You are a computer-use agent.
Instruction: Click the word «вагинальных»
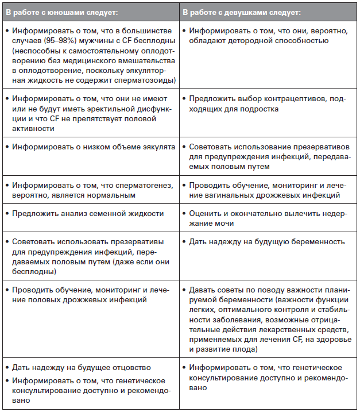point(214,194)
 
